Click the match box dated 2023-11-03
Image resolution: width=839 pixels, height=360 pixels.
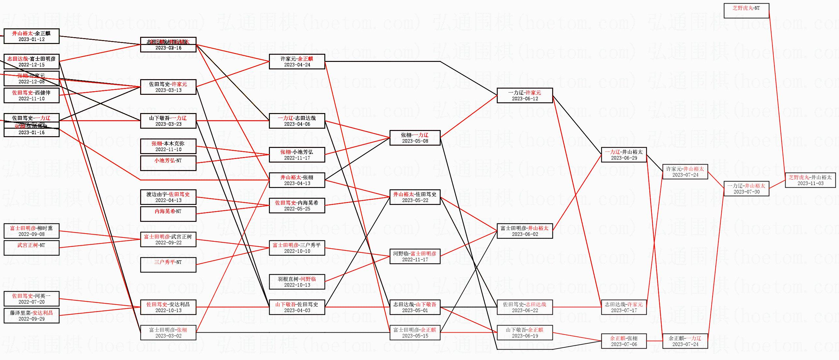(810, 180)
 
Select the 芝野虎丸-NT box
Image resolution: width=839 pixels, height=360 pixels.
(746, 11)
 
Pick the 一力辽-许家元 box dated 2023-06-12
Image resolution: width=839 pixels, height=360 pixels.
(524, 95)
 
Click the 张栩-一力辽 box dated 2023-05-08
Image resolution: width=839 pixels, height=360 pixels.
(415, 138)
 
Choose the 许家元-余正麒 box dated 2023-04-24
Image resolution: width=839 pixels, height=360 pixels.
(297, 62)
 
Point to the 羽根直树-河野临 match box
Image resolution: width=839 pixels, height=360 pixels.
(297, 282)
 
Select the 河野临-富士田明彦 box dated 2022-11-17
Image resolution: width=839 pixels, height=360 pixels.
(415, 256)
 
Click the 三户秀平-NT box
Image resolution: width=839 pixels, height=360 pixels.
(168, 265)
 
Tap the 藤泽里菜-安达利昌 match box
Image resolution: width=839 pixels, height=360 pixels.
(32, 316)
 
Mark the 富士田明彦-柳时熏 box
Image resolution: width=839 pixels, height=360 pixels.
(32, 231)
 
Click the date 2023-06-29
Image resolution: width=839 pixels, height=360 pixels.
(624, 158)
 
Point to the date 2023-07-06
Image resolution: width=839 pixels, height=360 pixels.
(624, 344)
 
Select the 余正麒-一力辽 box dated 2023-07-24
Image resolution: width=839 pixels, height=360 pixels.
(685, 341)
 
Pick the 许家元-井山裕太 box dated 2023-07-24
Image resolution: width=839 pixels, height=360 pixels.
(685, 172)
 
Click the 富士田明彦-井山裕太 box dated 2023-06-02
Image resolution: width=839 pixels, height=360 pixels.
(524, 231)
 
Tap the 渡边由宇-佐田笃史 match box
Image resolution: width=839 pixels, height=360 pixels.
(168, 197)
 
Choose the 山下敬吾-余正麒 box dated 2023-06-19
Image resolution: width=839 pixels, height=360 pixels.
(524, 333)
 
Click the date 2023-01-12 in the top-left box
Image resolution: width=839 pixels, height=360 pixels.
(32, 39)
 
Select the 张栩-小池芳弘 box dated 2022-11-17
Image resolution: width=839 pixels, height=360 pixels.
(297, 155)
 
